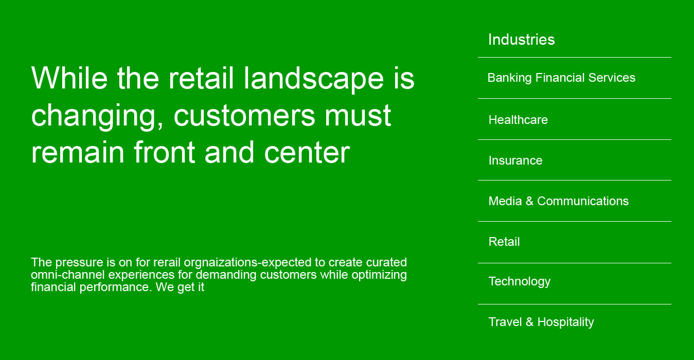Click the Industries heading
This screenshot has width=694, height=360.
click(x=521, y=40)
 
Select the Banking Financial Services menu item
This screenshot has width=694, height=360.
click(x=561, y=78)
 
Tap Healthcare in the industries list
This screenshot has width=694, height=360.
click(x=518, y=120)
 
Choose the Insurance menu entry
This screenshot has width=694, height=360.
click(x=515, y=160)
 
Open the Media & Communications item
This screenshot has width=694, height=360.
click(x=558, y=201)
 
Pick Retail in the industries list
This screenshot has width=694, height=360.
click(x=504, y=242)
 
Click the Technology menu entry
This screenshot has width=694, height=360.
click(x=519, y=281)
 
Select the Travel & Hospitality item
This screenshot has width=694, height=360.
click(x=541, y=322)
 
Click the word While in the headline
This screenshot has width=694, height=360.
click(x=69, y=78)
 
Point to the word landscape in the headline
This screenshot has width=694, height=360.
click(x=313, y=78)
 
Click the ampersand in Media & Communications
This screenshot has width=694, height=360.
click(x=529, y=201)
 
